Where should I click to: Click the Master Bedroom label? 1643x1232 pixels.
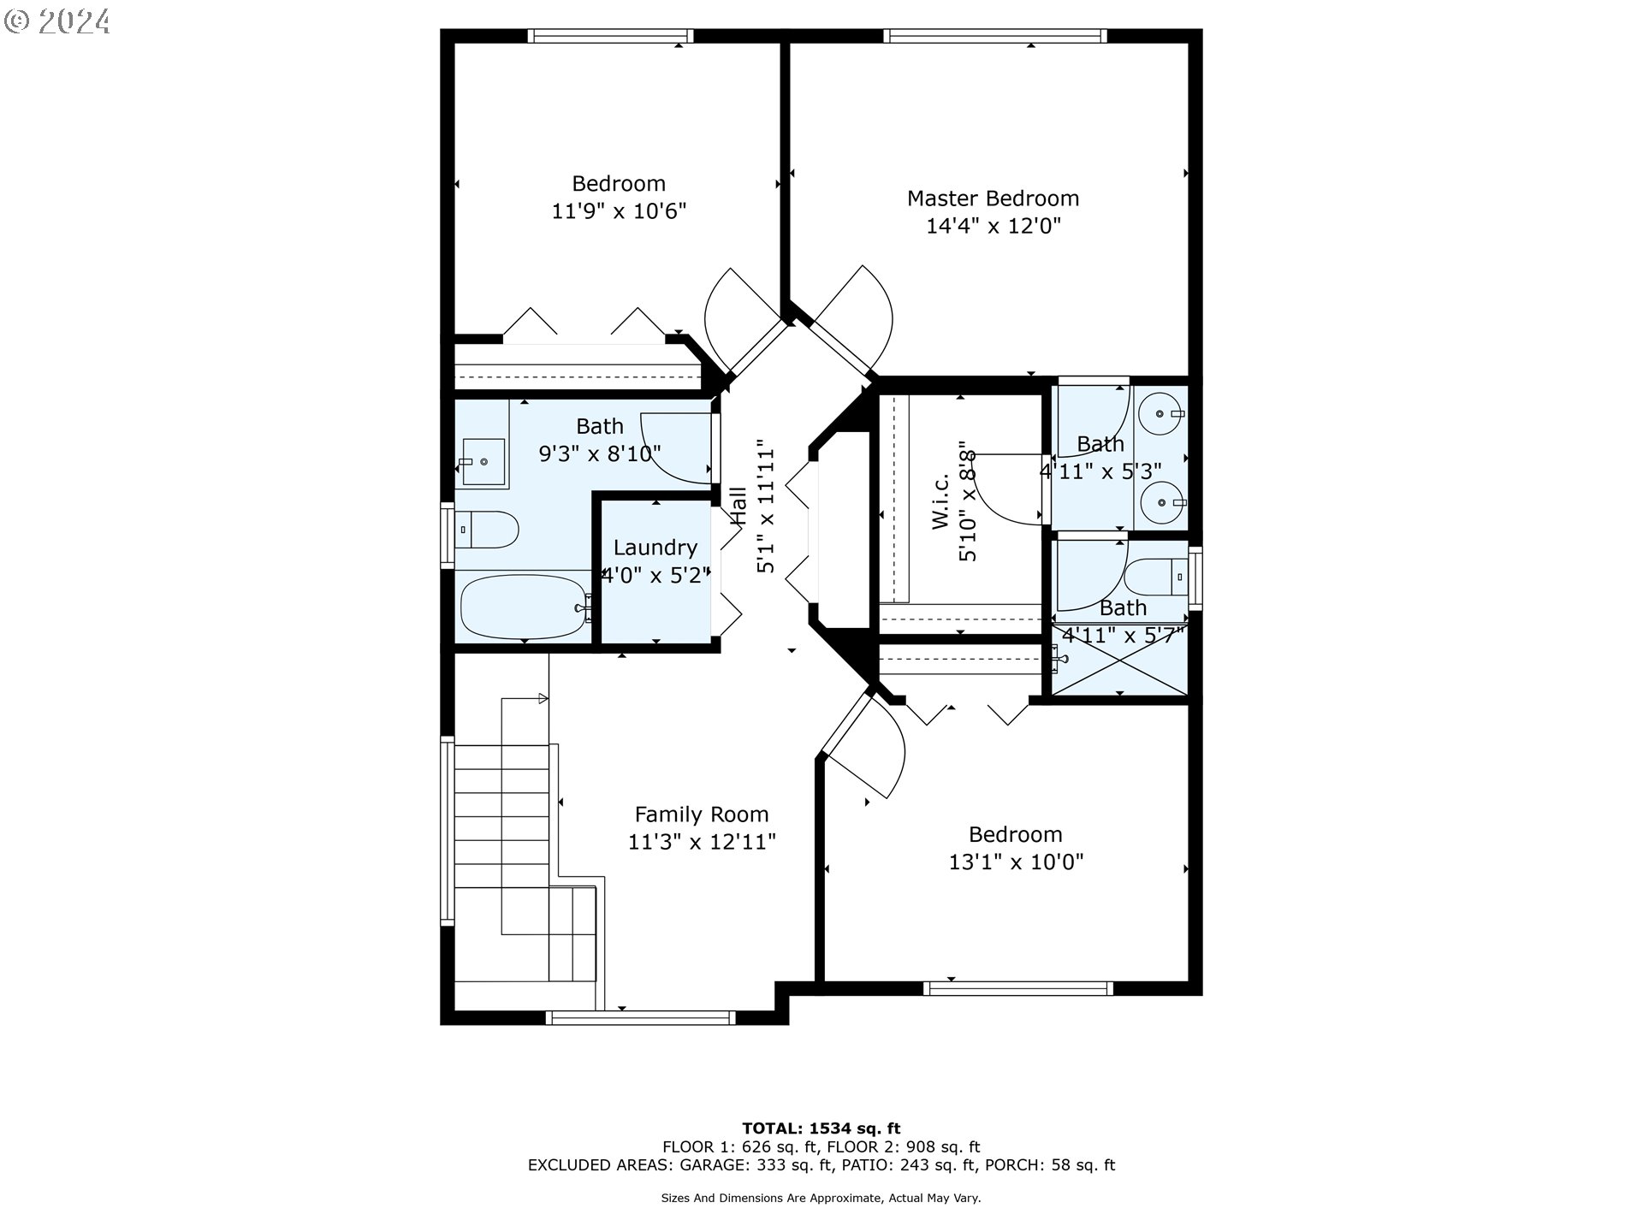(993, 198)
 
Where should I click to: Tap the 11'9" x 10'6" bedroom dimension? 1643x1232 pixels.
(619, 210)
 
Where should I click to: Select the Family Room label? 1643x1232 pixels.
(702, 814)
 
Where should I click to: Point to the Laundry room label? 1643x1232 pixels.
(655, 548)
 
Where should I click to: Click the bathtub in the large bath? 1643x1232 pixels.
(525, 607)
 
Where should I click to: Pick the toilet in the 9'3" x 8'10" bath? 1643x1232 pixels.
(485, 530)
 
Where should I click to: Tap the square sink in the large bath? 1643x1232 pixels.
(483, 462)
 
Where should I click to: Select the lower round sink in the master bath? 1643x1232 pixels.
(1161, 502)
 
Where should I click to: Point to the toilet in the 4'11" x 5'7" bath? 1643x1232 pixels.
(1155, 577)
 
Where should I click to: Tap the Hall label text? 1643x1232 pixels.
(738, 506)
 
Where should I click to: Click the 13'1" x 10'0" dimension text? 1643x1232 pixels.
(1016, 862)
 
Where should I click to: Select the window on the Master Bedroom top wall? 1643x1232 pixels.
(995, 36)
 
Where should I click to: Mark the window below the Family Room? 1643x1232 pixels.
(641, 1017)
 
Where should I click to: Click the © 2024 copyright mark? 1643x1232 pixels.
(57, 21)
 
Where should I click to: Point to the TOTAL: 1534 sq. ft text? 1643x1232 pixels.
(821, 1128)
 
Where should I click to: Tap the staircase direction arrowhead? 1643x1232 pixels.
(543, 699)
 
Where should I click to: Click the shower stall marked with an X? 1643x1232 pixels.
(1120, 660)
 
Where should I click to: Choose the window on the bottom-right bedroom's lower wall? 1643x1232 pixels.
(1018, 988)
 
